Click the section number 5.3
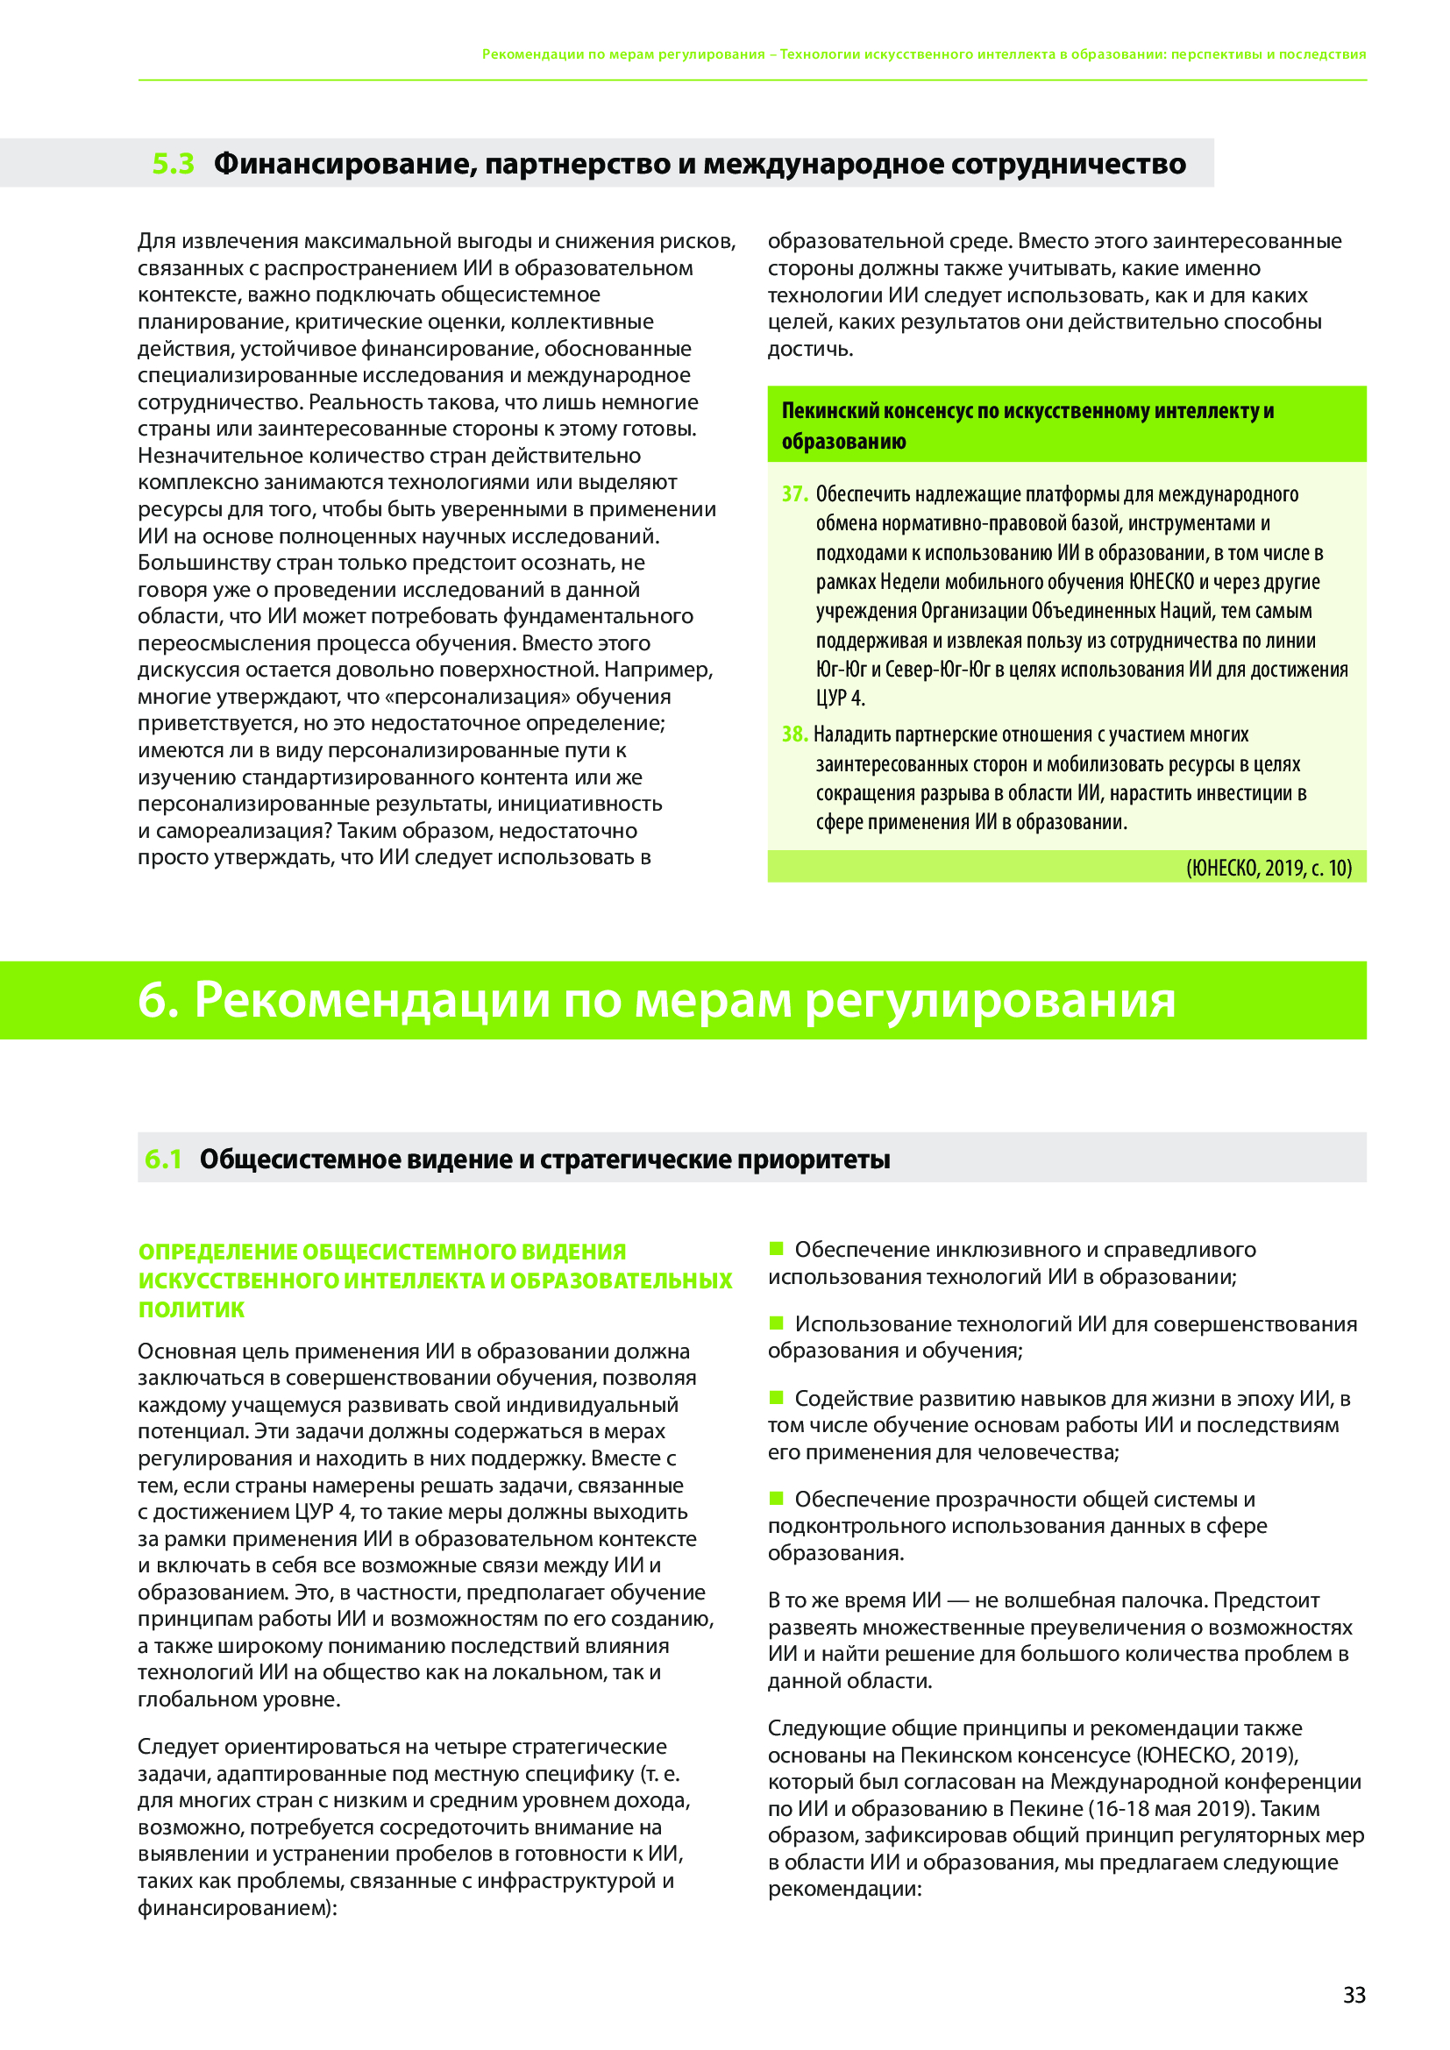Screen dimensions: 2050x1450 pyautogui.click(x=174, y=163)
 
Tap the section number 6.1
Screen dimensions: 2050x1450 pyautogui.click(x=163, y=1159)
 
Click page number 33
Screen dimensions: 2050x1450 pyautogui.click(x=1354, y=1995)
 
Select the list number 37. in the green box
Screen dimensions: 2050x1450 pyautogui.click(x=794, y=493)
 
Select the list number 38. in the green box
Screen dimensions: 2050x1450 pyautogui.click(x=794, y=734)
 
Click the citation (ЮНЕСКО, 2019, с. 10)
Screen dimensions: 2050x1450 pyautogui.click(x=1269, y=867)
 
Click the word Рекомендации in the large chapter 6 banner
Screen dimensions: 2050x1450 pyautogui.click(x=373, y=999)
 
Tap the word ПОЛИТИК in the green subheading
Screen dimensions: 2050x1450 pyautogui.click(x=191, y=1309)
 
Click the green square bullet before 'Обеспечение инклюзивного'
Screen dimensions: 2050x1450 pyautogui.click(x=776, y=1248)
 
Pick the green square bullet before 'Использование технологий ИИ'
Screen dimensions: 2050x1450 pyautogui.click(x=776, y=1323)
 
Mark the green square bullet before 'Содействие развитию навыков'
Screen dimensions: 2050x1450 pyautogui.click(x=776, y=1397)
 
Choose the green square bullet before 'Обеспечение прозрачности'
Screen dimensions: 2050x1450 pyautogui.click(x=776, y=1498)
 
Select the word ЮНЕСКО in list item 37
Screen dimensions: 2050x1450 pyautogui.click(x=1161, y=581)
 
